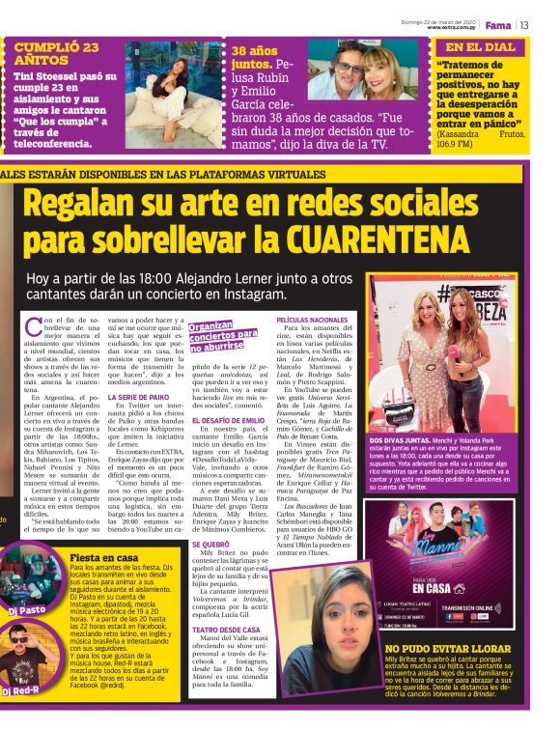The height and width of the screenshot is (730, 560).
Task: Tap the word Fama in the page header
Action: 499,24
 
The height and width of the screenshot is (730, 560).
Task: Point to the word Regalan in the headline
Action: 85,203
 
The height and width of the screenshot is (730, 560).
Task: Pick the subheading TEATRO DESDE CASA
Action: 225,629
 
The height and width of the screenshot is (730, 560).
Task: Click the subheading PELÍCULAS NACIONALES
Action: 312,319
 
